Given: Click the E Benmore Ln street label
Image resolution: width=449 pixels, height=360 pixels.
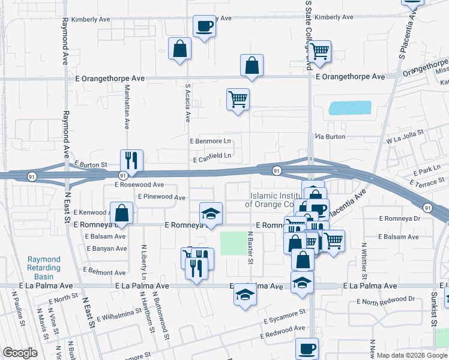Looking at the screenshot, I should click(210, 142).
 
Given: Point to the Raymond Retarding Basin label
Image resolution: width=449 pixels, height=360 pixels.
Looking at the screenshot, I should click(44, 264).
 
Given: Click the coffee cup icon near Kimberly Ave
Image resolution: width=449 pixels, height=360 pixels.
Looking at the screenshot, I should click(203, 26).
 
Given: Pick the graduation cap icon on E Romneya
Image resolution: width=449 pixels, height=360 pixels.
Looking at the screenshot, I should click(210, 214).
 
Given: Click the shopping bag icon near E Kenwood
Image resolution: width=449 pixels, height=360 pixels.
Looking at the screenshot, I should click(121, 213).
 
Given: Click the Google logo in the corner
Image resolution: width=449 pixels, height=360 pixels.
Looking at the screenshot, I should click(20, 353).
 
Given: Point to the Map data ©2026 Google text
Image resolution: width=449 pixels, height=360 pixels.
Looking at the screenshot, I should click(411, 355).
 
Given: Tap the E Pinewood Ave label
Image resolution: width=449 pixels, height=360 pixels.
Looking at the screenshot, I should click(161, 197).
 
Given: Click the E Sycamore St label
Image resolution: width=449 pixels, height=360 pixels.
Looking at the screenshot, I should click(283, 318).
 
